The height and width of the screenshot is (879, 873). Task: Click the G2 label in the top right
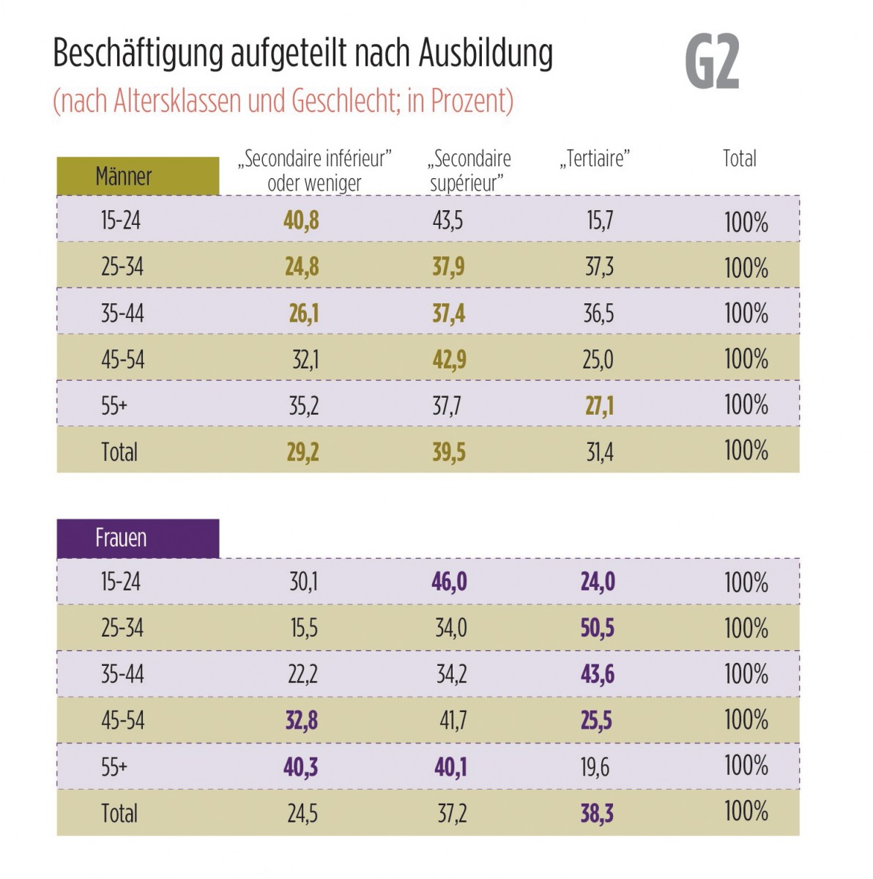tap(712, 63)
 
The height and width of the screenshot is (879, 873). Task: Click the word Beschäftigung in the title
tap(138, 54)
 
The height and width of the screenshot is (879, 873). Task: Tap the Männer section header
tap(124, 177)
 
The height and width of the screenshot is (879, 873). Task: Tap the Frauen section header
tap(121, 538)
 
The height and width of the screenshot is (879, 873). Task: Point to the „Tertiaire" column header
tap(595, 159)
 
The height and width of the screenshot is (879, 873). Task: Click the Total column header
tap(739, 159)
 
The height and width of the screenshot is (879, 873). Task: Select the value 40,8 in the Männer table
tap(301, 220)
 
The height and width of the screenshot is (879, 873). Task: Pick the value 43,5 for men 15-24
tap(447, 220)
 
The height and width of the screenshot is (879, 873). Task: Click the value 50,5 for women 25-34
tap(597, 628)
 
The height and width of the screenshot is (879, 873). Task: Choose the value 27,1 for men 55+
tap(599, 406)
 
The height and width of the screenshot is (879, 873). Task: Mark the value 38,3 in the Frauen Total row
tap(597, 813)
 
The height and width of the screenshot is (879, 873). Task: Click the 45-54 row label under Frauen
tap(122, 721)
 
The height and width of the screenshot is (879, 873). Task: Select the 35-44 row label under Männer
tap(122, 314)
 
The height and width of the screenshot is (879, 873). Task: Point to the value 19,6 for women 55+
tap(595, 767)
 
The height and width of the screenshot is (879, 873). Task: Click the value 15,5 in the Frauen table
tap(303, 628)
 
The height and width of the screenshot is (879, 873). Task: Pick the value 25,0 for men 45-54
tap(598, 360)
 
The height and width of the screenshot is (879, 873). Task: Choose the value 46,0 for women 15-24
tap(449, 582)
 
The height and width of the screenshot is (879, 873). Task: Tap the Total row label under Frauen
tap(119, 813)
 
